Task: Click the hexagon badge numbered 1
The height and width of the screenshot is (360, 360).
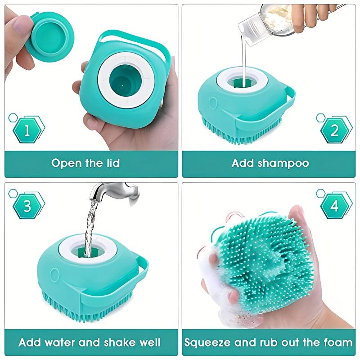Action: (27, 131)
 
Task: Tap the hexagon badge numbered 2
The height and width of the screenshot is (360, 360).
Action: (335, 131)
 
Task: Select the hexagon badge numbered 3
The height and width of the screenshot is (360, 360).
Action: (27, 206)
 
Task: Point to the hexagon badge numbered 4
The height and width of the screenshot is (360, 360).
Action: (335, 206)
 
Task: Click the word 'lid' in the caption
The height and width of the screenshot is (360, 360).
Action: (111, 163)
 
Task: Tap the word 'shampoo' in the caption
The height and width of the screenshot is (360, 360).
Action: (283, 163)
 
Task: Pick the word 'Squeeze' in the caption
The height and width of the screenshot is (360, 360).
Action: (208, 342)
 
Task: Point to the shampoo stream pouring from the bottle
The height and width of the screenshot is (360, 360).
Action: (243, 58)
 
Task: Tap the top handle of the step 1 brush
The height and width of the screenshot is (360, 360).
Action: (135, 37)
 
